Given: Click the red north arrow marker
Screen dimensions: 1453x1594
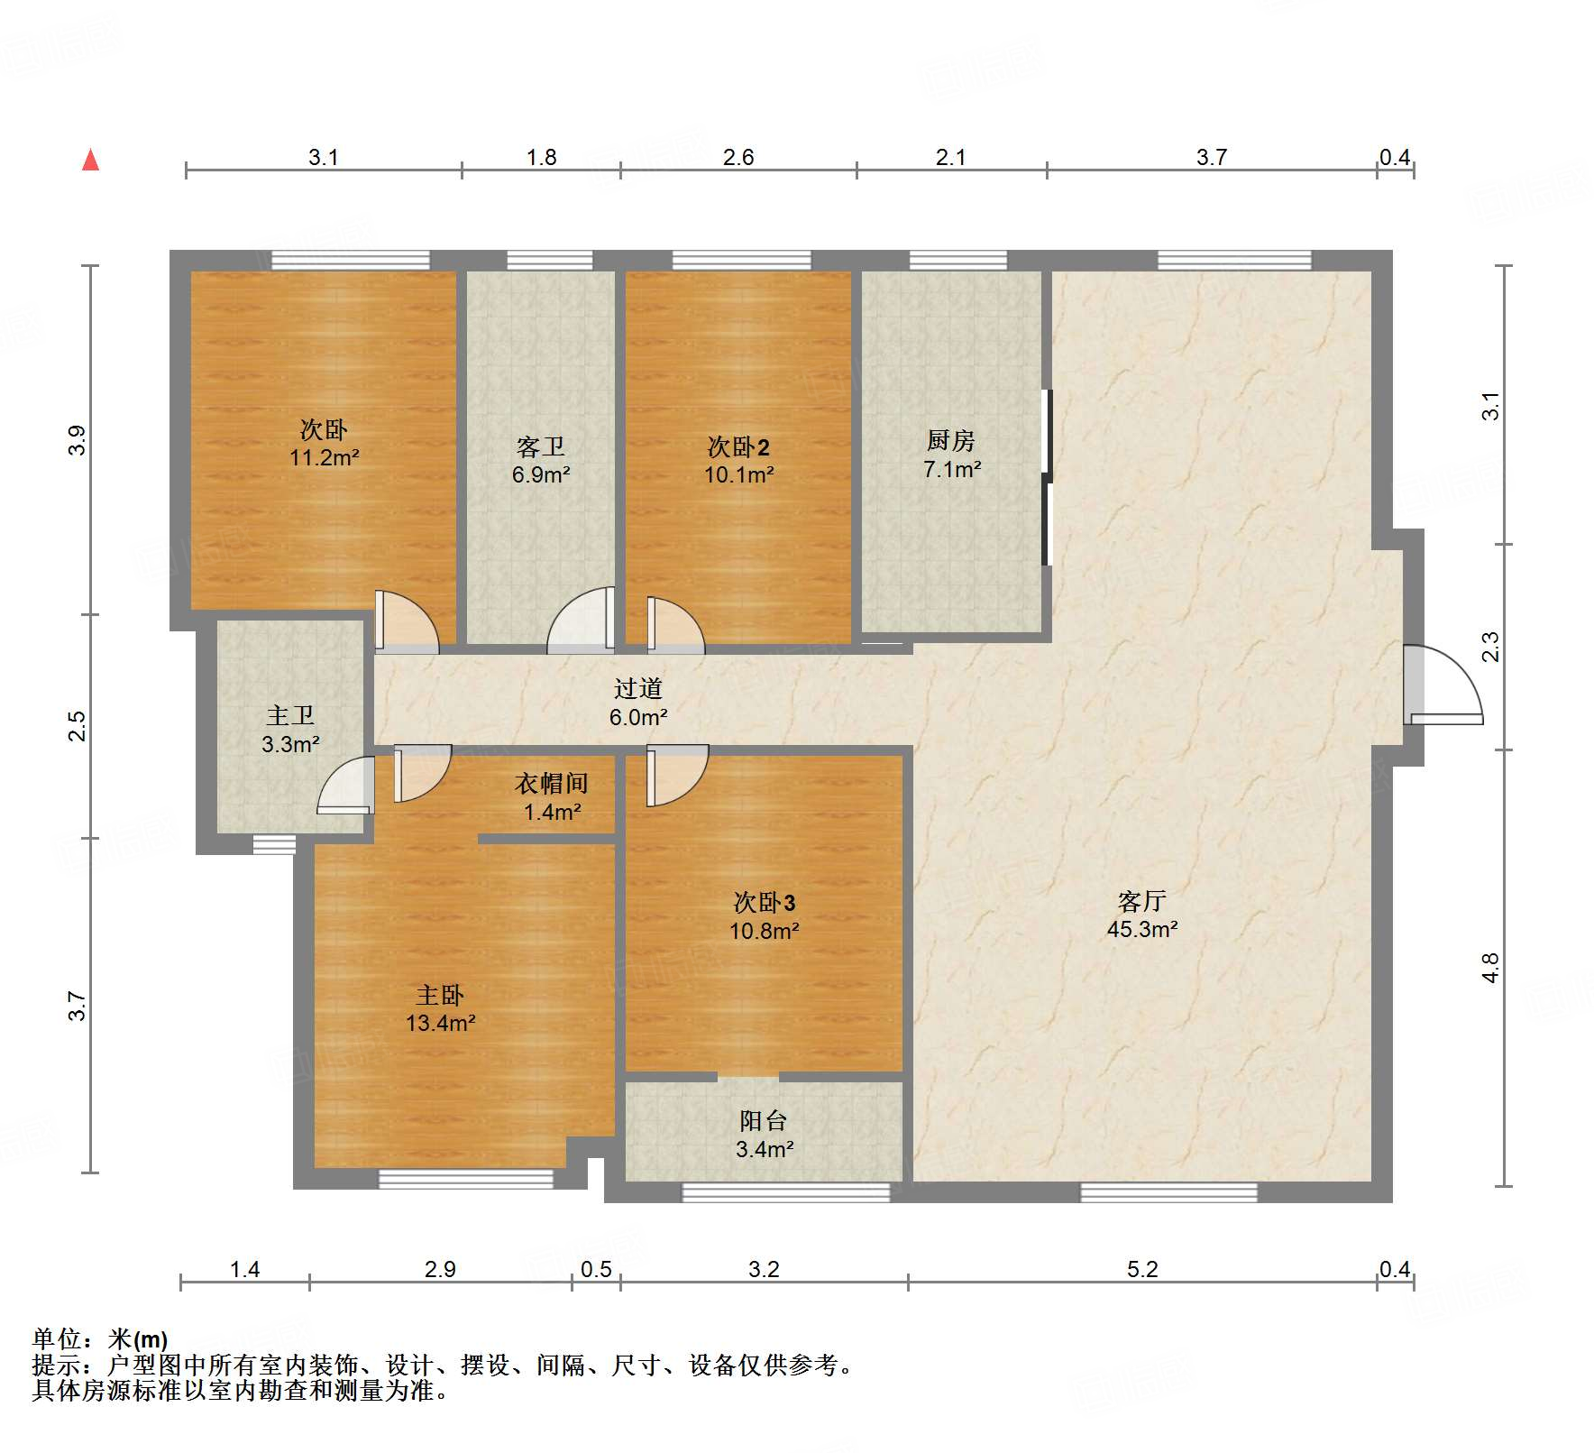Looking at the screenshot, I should [x=90, y=161].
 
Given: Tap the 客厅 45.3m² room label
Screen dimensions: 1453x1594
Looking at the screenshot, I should [x=1141, y=915].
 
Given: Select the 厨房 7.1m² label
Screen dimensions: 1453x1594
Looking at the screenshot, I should [x=951, y=455].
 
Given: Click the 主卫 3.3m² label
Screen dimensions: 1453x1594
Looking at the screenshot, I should [x=290, y=730].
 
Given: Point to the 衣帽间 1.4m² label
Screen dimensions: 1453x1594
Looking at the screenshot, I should [x=552, y=797].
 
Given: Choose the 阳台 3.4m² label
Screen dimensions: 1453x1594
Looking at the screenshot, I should [x=764, y=1135].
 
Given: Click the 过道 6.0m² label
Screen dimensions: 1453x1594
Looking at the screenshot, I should [x=638, y=703].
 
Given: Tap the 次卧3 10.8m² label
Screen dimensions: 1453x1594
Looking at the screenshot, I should [x=764, y=916].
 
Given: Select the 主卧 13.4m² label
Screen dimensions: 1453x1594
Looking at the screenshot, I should [x=440, y=1008].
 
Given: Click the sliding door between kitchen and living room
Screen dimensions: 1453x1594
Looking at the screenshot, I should [x=1047, y=478].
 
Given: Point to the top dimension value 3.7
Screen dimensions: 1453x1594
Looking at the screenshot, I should [x=1212, y=158].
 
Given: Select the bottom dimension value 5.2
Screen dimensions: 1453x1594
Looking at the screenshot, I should [x=1141, y=1270].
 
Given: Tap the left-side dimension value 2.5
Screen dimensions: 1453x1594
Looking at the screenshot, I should [x=78, y=726].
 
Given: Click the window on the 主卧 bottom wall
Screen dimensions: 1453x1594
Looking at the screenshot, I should [x=465, y=1179].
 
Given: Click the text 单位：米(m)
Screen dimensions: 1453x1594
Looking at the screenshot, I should [x=100, y=1339].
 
